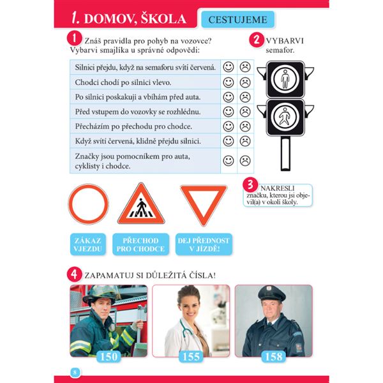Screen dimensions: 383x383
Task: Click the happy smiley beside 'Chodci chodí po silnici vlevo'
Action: coord(229,82)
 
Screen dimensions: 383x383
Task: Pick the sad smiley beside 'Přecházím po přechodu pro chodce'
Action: coord(244,126)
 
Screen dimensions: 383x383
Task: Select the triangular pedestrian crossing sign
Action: coord(141,205)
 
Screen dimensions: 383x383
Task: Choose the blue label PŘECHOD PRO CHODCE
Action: coord(142,244)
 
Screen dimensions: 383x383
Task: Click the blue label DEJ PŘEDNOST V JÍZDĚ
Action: coord(204,244)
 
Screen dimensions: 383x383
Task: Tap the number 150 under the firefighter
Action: coord(109,356)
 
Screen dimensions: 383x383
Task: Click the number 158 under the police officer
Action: coord(273,356)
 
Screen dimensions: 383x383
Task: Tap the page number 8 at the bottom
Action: coord(74,372)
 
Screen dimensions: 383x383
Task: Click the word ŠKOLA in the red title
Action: coord(159,19)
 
